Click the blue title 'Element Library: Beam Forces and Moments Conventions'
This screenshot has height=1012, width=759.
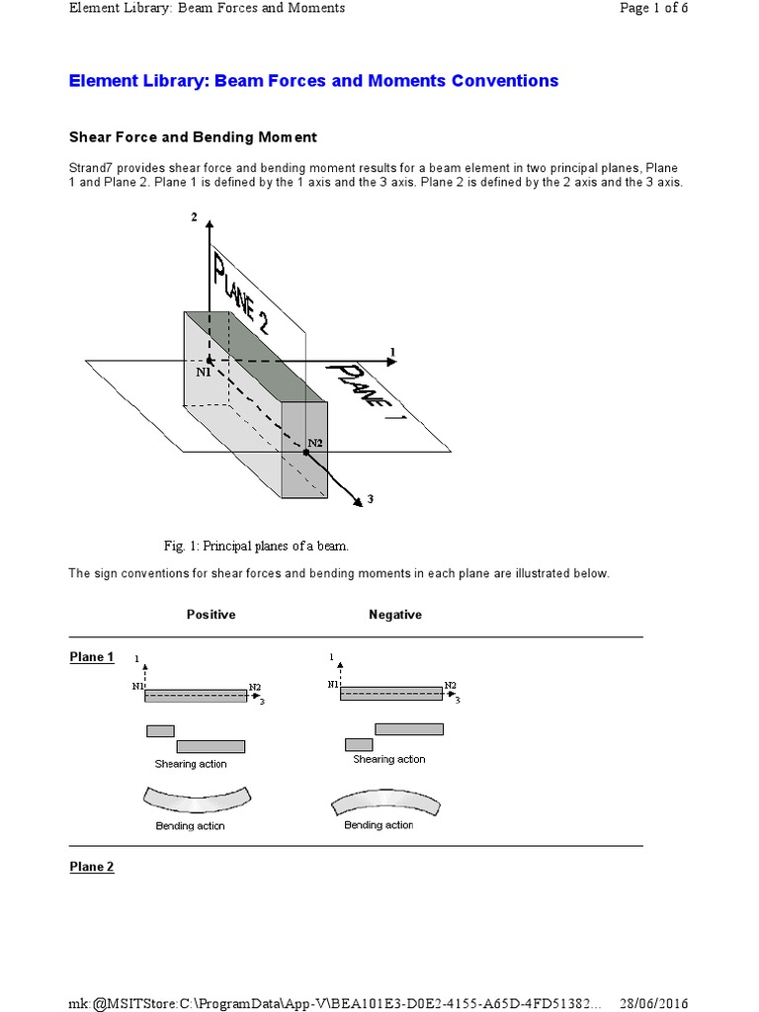coord(313,81)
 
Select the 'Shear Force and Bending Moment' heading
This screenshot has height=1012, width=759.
coord(193,137)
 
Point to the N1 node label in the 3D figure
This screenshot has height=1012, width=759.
coord(204,373)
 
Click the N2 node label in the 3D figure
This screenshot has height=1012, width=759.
coord(314,442)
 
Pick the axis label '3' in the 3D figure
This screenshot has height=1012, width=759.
coord(370,500)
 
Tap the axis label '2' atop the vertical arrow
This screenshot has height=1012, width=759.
coord(195,216)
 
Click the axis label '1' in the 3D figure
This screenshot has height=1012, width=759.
coord(392,352)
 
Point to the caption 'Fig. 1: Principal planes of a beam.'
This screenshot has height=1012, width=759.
coord(256,546)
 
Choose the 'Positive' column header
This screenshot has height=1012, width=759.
coord(211,615)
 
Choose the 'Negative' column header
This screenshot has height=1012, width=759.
coord(395,615)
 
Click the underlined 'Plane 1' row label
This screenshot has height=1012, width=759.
coord(92,657)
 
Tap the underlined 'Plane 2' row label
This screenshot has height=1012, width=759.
coord(92,867)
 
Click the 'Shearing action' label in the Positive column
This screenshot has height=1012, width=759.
coord(191,764)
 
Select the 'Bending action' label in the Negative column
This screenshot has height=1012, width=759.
coord(379,825)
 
